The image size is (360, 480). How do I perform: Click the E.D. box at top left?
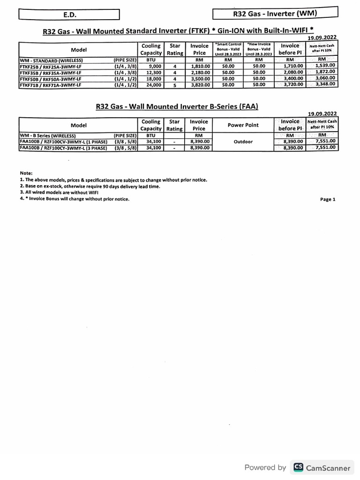(69, 15)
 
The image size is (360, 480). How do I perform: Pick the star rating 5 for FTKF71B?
(174, 85)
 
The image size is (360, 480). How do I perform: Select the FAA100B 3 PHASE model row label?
(63, 148)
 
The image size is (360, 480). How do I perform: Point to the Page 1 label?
(328, 199)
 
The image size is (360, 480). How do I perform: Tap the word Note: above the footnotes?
(26, 173)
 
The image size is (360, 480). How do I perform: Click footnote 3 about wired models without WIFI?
(59, 192)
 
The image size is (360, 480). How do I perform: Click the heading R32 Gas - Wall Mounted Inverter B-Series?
(177, 106)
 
